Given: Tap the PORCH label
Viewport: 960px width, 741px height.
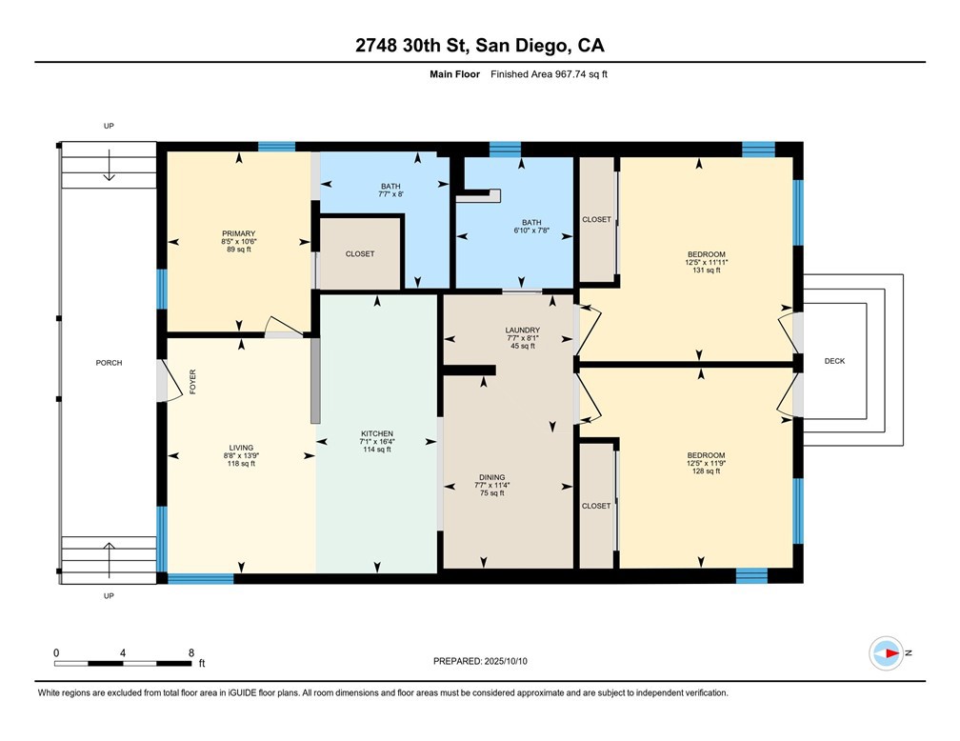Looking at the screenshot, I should pyautogui.click(x=109, y=363).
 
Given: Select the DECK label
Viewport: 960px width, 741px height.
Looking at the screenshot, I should pyautogui.click(x=834, y=361).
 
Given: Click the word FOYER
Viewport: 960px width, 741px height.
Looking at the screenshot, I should pyautogui.click(x=192, y=382).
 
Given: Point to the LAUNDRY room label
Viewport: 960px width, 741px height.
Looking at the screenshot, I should pyautogui.click(x=522, y=330).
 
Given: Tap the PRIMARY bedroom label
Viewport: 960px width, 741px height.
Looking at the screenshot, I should pyautogui.click(x=238, y=233).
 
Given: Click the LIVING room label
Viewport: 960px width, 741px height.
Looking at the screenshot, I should pyautogui.click(x=240, y=447).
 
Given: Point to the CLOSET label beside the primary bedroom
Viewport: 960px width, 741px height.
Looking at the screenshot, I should pyautogui.click(x=360, y=254).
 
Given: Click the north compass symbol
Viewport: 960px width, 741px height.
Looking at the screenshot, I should pyautogui.click(x=887, y=653).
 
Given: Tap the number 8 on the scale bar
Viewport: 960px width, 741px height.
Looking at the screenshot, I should pyautogui.click(x=191, y=653).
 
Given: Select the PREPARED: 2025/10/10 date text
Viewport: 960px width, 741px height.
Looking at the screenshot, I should pyautogui.click(x=479, y=660).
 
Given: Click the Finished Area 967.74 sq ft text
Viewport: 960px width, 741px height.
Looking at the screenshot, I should pyautogui.click(x=549, y=74).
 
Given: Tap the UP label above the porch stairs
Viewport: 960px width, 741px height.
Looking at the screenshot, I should pyautogui.click(x=109, y=126).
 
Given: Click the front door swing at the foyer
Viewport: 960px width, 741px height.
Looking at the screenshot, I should pyautogui.click(x=168, y=381).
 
